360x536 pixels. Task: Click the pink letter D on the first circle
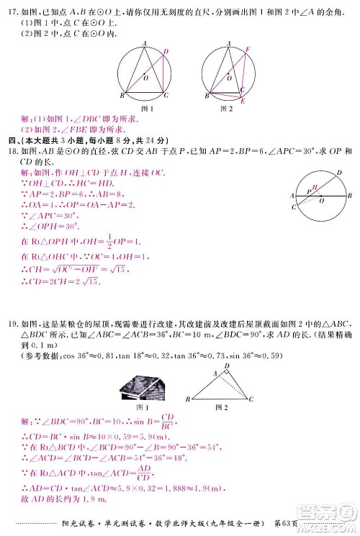[166, 52]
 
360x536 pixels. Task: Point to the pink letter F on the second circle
[248, 50]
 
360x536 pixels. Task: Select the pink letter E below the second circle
[243, 101]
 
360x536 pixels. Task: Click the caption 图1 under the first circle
[149, 109]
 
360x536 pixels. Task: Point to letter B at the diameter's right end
[349, 196]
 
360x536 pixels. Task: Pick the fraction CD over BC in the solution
[167, 419]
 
